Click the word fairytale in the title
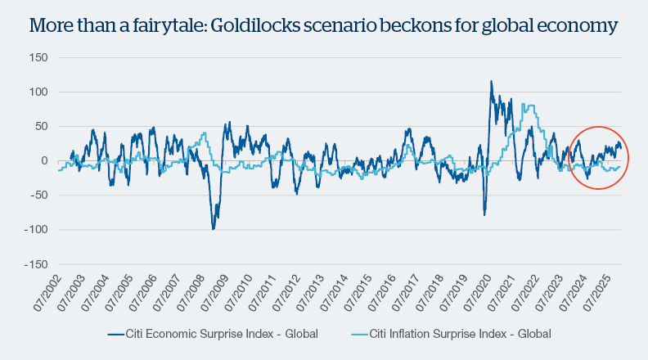[160, 27]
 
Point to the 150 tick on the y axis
[36, 59]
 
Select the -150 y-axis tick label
[34, 265]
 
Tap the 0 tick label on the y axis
[43, 161]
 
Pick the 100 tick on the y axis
[36, 93]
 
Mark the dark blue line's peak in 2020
[491, 81]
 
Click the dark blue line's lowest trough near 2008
[214, 229]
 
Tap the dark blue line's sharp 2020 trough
[484, 215]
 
